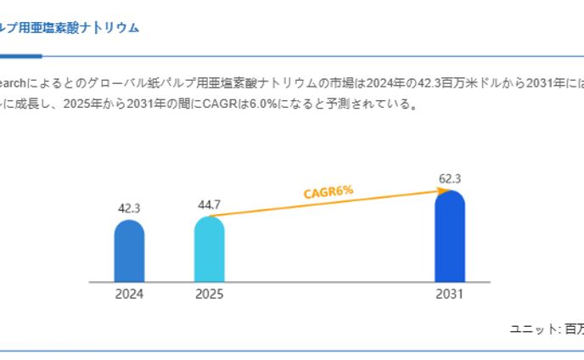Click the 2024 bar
pyautogui.click(x=129, y=251)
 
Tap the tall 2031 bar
pyautogui.click(x=450, y=237)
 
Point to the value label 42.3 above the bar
pyautogui.click(x=129, y=208)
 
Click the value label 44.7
pyautogui.click(x=209, y=205)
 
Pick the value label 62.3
pyautogui.click(x=448, y=178)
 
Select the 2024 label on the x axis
pyautogui.click(x=129, y=295)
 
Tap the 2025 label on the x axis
pyautogui.click(x=209, y=295)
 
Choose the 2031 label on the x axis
pyautogui.click(x=450, y=295)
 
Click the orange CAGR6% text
pyautogui.click(x=328, y=192)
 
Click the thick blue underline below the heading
pyautogui.click(x=20, y=56)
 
